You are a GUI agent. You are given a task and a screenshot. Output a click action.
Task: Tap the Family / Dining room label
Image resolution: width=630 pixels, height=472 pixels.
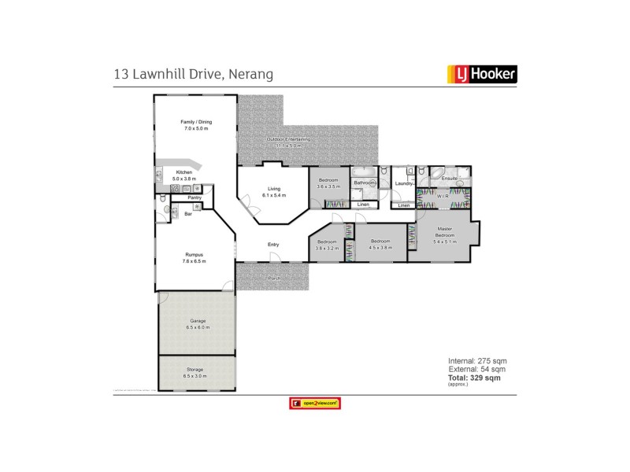click(x=196, y=124)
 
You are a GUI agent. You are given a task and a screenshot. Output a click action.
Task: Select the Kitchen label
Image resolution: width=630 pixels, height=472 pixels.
click(x=184, y=174)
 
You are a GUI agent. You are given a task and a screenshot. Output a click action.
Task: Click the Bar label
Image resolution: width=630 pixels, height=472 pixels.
click(x=188, y=213)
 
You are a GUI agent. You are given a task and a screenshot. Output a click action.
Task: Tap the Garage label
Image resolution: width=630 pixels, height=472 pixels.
click(x=197, y=323)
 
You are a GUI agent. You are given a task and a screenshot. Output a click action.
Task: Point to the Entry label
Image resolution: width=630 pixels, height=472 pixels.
click(x=273, y=245)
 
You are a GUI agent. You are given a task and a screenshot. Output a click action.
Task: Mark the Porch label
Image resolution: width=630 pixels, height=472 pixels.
click(x=274, y=278)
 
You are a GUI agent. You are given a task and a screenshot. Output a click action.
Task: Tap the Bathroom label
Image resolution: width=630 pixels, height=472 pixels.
click(x=365, y=183)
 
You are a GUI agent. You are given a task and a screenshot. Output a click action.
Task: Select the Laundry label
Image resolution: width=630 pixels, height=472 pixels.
click(x=404, y=183)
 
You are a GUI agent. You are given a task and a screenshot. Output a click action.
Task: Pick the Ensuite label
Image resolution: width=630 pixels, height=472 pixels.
click(x=450, y=179)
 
